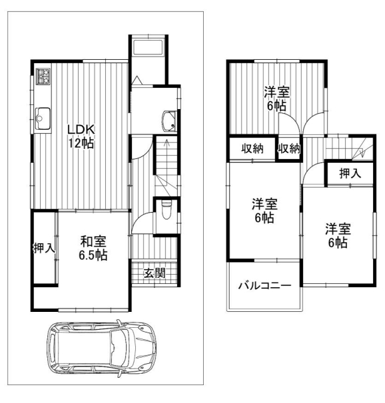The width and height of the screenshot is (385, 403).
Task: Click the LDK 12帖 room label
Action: coord(81,136)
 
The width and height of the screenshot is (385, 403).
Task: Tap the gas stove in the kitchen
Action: coord(43,76)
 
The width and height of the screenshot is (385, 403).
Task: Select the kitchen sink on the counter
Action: coord(43,119)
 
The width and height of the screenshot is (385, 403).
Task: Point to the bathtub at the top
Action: coord(148,47)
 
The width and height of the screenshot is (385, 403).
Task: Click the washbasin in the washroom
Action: coord(169,121)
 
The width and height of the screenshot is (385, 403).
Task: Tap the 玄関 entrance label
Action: coord(154,273)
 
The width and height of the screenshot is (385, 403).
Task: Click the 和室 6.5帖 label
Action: coord(93,248)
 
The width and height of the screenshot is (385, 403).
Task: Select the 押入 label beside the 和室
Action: coord(44,248)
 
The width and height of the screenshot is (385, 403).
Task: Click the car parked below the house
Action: coord(101,348)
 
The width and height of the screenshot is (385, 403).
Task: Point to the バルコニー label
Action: coord(264,286)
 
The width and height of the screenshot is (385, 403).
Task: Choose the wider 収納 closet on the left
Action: coord(252,148)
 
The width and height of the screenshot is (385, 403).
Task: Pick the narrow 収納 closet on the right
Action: coord(290,148)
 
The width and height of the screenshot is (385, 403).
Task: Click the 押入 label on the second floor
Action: coord(350,173)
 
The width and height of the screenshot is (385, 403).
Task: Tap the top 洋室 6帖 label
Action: coord(276,99)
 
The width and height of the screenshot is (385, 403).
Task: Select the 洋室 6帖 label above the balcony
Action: coord(264,211)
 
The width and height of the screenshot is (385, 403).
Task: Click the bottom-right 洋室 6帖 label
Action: coord(338,235)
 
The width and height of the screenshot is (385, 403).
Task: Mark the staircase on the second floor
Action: coord(350,148)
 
